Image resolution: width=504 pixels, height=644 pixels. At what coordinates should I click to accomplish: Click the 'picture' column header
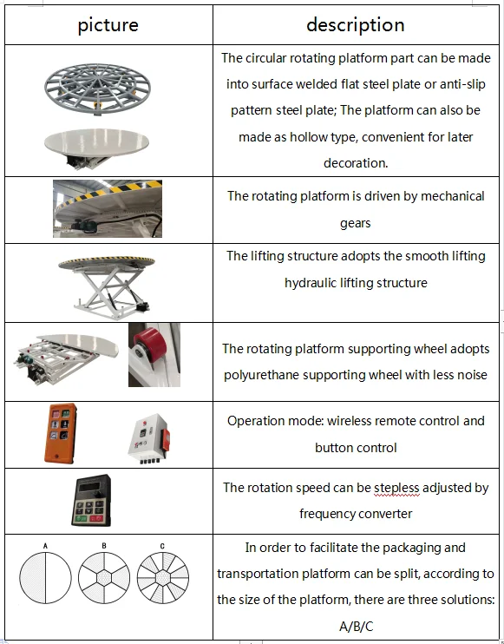tap(108, 25)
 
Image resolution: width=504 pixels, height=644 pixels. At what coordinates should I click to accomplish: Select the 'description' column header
tap(355, 25)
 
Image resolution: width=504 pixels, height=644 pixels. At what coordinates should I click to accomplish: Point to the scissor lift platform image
tap(108, 281)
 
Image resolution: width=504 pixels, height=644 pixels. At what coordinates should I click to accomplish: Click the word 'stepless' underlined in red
tap(396, 488)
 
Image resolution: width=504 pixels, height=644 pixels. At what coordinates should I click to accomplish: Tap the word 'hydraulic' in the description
tap(313, 283)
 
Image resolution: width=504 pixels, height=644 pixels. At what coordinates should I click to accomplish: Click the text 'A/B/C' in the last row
tap(356, 626)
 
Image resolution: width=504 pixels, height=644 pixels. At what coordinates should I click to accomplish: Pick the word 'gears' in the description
tap(356, 223)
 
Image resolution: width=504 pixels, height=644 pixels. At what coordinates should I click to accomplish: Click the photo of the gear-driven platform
tap(108, 209)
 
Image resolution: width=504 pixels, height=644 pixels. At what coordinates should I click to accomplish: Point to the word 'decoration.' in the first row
tap(356, 163)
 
